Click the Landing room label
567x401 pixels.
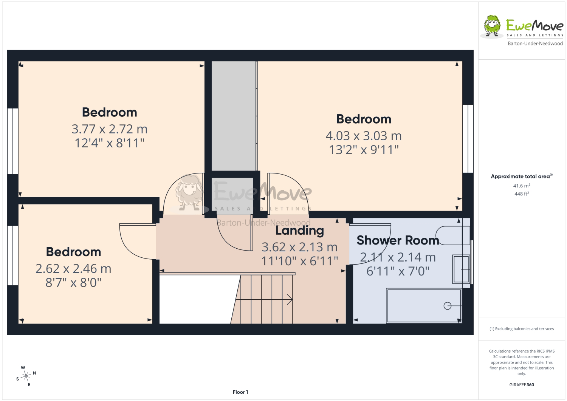(x=299, y=231)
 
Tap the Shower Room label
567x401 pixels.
(x=398, y=240)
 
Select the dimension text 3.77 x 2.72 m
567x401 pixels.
(x=109, y=129)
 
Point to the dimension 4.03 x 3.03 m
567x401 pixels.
(x=364, y=136)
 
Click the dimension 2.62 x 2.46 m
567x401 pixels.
(x=73, y=269)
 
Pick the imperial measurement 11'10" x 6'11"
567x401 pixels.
(x=299, y=261)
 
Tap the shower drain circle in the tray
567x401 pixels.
(x=447, y=306)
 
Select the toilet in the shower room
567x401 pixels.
(x=453, y=235)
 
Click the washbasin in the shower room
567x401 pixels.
(x=461, y=269)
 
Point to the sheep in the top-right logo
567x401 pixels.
(x=492, y=26)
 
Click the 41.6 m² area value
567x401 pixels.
(x=521, y=186)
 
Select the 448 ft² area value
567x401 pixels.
(x=521, y=194)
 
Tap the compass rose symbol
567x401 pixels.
(x=26, y=376)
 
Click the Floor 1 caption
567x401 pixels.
(x=240, y=392)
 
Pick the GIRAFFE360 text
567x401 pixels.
(x=521, y=384)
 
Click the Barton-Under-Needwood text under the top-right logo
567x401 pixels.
(x=535, y=43)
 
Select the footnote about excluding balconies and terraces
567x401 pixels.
(x=521, y=328)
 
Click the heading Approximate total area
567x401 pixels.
(x=521, y=176)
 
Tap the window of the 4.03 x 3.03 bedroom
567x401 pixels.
(x=468, y=138)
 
